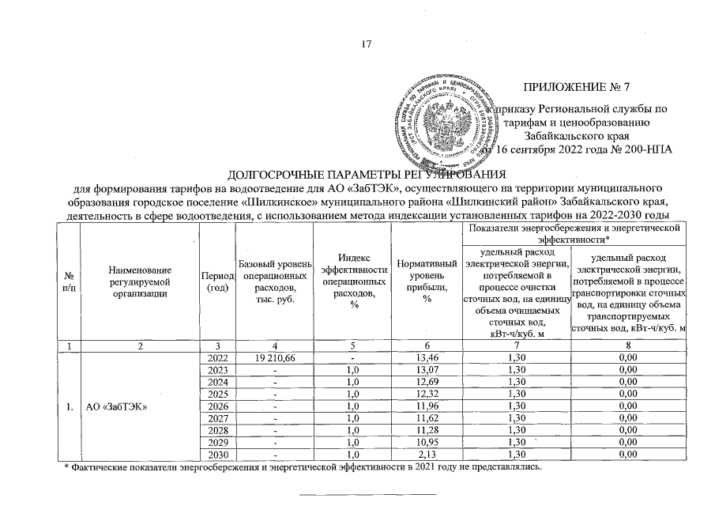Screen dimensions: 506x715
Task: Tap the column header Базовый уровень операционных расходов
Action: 276,281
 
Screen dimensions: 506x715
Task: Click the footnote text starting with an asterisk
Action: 304,468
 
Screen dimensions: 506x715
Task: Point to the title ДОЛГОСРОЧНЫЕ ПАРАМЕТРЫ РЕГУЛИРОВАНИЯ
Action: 366,174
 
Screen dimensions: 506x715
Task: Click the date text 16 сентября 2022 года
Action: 557,150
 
